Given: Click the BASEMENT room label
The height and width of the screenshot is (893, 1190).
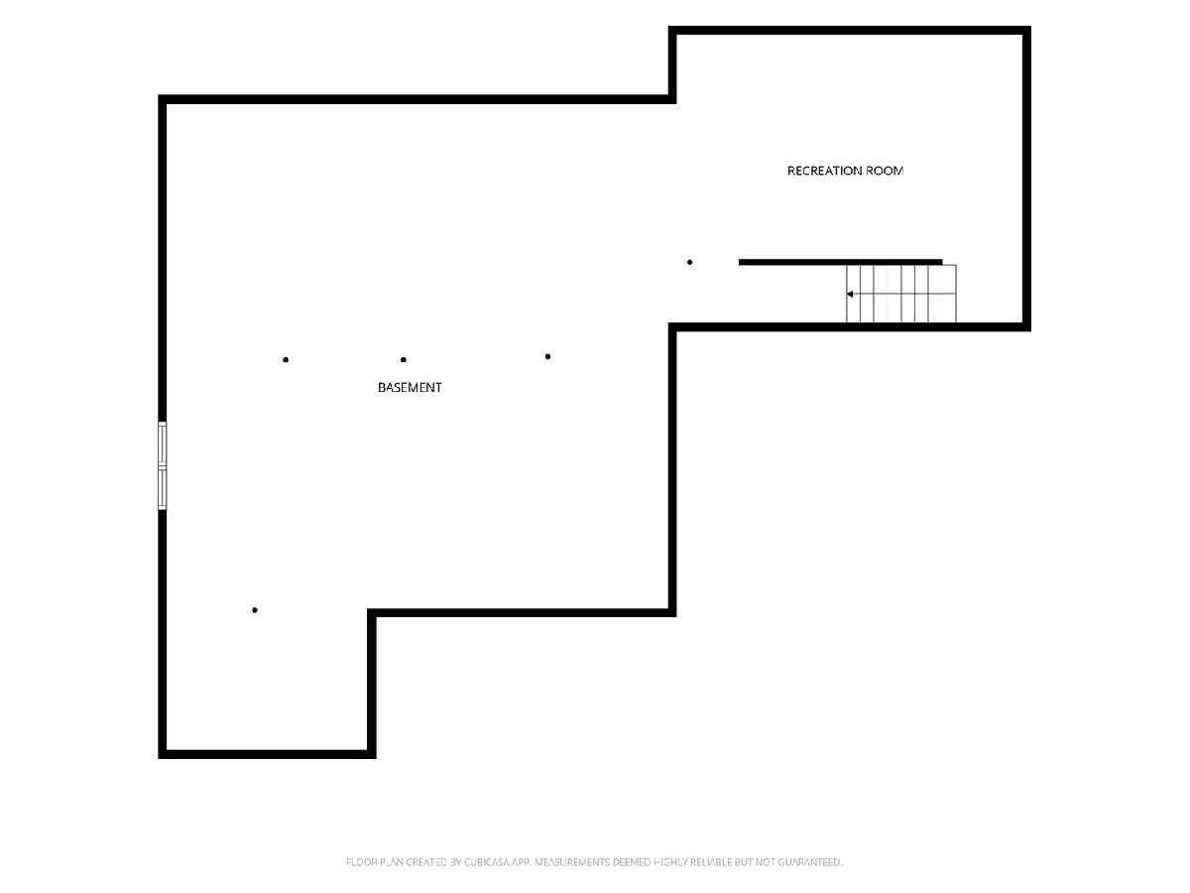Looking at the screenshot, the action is pos(410,387).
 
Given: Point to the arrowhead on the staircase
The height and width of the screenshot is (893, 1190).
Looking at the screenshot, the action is pos(850,294).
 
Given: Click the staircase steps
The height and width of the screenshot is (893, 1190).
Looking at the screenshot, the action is pos(901,294).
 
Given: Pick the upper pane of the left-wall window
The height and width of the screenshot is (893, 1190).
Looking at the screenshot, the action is pos(162,443).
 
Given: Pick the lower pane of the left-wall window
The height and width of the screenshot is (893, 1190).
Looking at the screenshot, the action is pos(162,488).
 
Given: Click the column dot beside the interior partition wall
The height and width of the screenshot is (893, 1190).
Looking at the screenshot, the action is pos(689,262).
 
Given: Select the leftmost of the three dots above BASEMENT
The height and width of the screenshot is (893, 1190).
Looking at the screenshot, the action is pos(286,359).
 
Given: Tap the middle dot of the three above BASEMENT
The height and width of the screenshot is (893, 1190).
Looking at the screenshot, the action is pos(404,359).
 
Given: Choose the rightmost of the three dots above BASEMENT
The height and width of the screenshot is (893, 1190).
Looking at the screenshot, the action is pos(547,356).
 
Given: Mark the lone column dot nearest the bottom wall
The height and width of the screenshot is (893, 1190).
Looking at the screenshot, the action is pos(255,610).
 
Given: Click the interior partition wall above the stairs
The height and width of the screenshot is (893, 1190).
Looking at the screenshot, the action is pos(840,262).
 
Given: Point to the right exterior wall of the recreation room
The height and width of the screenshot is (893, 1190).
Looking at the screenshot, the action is pos(1026,179).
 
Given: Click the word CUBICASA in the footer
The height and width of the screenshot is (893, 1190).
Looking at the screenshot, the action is pos(487,862).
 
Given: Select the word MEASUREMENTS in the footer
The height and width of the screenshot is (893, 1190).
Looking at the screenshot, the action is pos(572,862).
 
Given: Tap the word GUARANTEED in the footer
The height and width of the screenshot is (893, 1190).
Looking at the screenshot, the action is pos(810,862).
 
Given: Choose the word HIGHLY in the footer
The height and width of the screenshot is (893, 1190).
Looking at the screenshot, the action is pos(670,862).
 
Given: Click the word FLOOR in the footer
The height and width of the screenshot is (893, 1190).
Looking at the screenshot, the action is pos(358,862).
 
